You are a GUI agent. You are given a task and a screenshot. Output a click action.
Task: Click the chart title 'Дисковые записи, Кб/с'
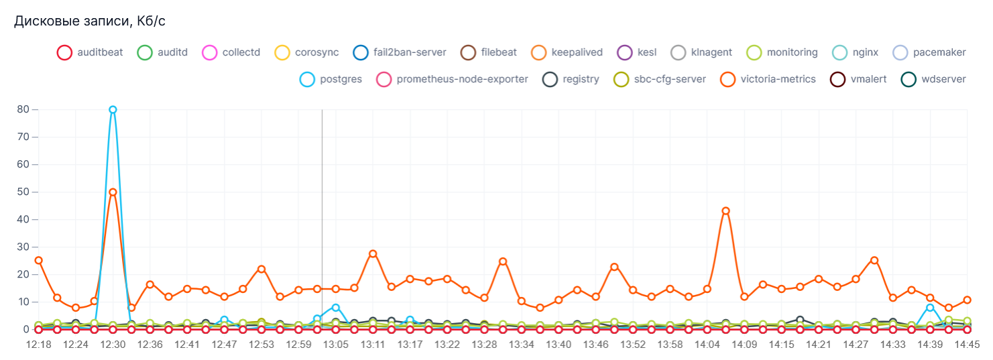[90, 21]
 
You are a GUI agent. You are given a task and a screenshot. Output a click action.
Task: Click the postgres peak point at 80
[113, 109]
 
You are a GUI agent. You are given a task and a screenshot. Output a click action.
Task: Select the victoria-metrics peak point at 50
[113, 192]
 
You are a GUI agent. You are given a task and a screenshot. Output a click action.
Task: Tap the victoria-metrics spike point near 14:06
[725, 211]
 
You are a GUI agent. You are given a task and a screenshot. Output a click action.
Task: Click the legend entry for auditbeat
[90, 52]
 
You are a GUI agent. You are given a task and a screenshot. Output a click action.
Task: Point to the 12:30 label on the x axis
[113, 345]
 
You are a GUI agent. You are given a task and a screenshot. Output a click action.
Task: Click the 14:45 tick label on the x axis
[967, 345]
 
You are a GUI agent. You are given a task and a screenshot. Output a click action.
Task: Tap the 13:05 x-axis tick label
[336, 345]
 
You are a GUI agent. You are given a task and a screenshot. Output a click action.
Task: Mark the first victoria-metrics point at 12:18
[38, 260]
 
